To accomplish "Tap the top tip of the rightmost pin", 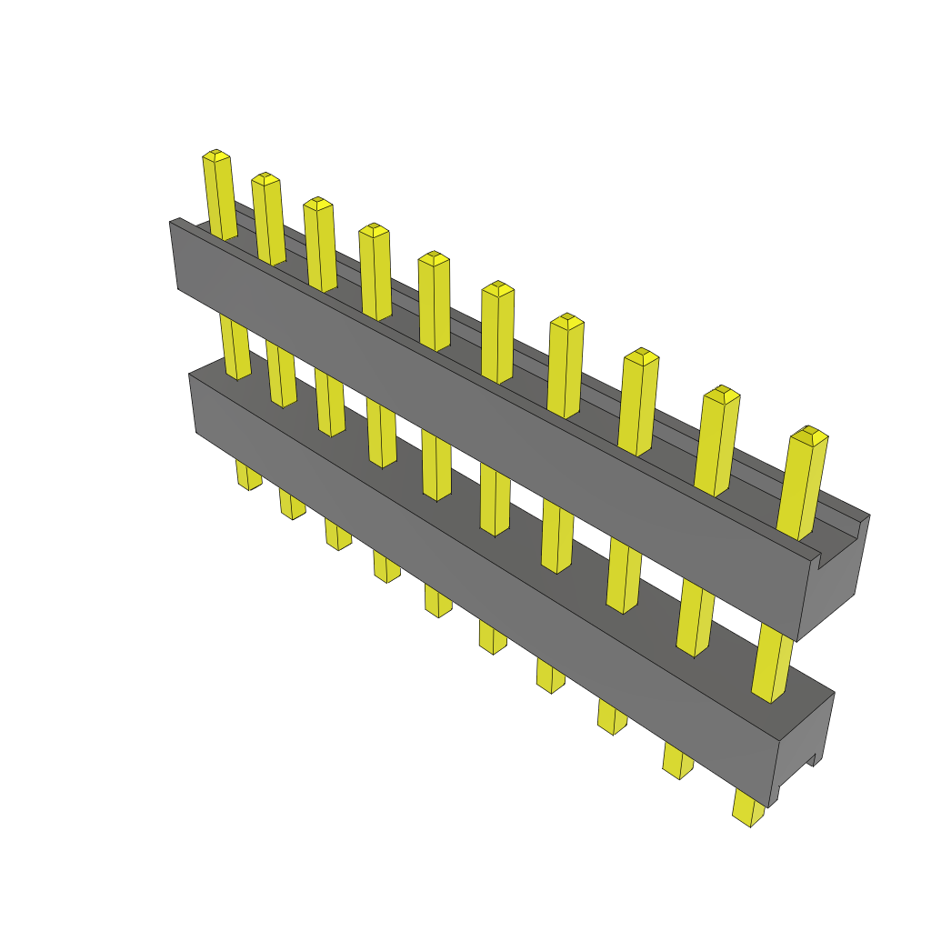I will tap(808, 435).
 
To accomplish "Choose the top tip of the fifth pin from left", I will tap(435, 258).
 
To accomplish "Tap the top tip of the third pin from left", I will tap(317, 204).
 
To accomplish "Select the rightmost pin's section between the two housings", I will tap(774, 663).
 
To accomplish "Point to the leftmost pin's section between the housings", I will tap(235, 346).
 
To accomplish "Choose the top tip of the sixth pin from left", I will tap(497, 288).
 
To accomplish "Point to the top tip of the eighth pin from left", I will tap(641, 355).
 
